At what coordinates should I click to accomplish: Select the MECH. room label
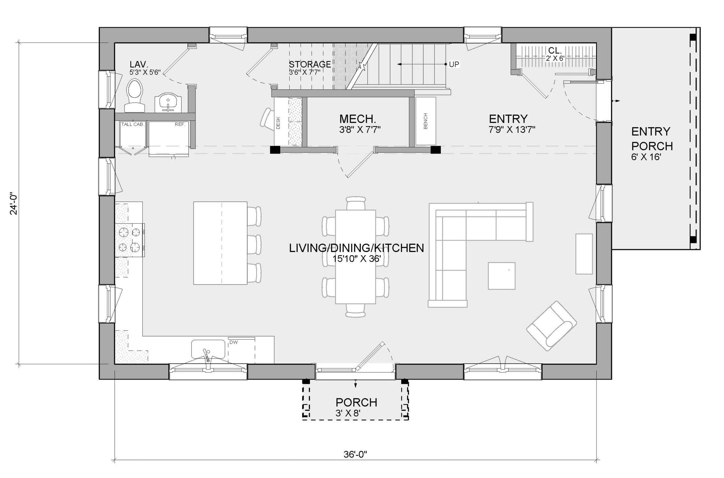(358, 119)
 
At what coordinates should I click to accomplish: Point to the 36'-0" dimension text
(355, 463)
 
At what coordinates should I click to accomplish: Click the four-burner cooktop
(129, 240)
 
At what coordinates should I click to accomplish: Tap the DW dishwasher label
(233, 342)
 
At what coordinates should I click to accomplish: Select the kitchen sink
(208, 349)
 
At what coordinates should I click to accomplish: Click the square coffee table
(502, 276)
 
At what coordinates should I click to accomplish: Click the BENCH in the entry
(425, 121)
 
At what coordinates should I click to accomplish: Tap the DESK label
(278, 123)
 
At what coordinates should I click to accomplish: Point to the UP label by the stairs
(454, 64)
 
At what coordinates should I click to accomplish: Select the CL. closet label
(554, 50)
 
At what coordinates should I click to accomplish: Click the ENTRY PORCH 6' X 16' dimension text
(646, 157)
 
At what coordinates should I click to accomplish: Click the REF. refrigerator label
(180, 124)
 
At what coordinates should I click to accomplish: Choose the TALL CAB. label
(132, 124)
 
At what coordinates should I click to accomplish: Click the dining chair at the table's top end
(356, 203)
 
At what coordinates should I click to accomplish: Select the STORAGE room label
(310, 64)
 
